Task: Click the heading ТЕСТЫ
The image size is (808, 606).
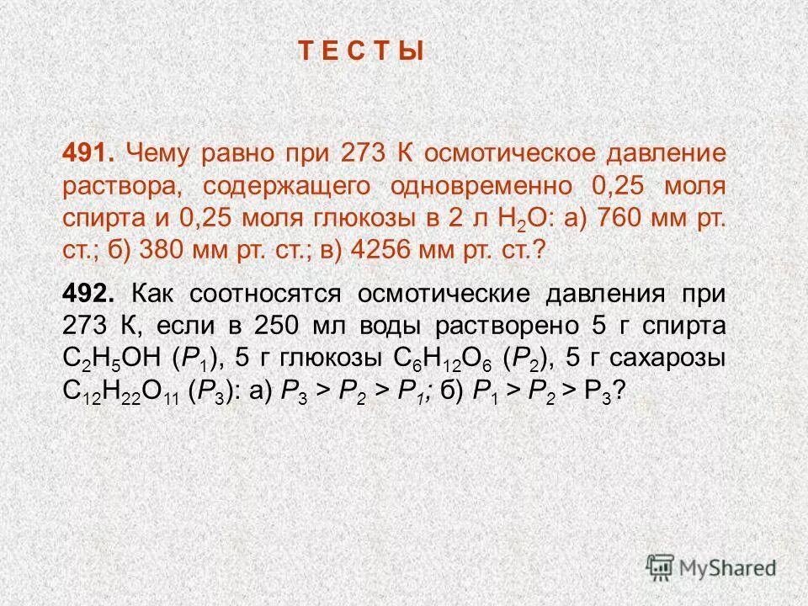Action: pyautogui.click(x=361, y=51)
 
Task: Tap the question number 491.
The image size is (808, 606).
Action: pyautogui.click(x=89, y=154)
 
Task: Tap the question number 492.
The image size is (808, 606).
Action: pyautogui.click(x=89, y=295)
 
